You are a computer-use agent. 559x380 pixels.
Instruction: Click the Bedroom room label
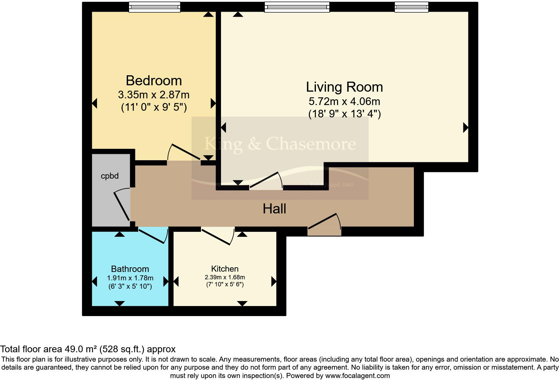(154, 81)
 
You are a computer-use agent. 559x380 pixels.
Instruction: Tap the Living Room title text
(344, 87)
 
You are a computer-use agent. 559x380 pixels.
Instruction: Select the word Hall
(274, 209)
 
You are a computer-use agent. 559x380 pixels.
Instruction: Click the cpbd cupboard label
(110, 176)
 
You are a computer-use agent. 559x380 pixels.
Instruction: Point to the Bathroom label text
(130, 269)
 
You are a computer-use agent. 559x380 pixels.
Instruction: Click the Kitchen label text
(225, 269)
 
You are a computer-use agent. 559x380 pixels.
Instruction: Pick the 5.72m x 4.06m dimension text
(344, 101)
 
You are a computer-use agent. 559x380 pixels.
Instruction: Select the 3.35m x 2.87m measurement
(153, 95)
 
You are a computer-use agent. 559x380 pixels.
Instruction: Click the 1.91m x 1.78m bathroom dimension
(130, 278)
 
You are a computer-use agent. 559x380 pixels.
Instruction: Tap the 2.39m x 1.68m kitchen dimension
(225, 277)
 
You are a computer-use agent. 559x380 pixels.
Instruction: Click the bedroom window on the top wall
(154, 7)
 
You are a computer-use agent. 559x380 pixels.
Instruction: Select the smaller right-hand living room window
(411, 7)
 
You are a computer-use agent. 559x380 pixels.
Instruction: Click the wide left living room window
(297, 7)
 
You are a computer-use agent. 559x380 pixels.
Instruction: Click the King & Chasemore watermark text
(280, 144)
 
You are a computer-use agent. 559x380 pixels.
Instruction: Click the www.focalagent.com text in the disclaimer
(357, 376)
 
